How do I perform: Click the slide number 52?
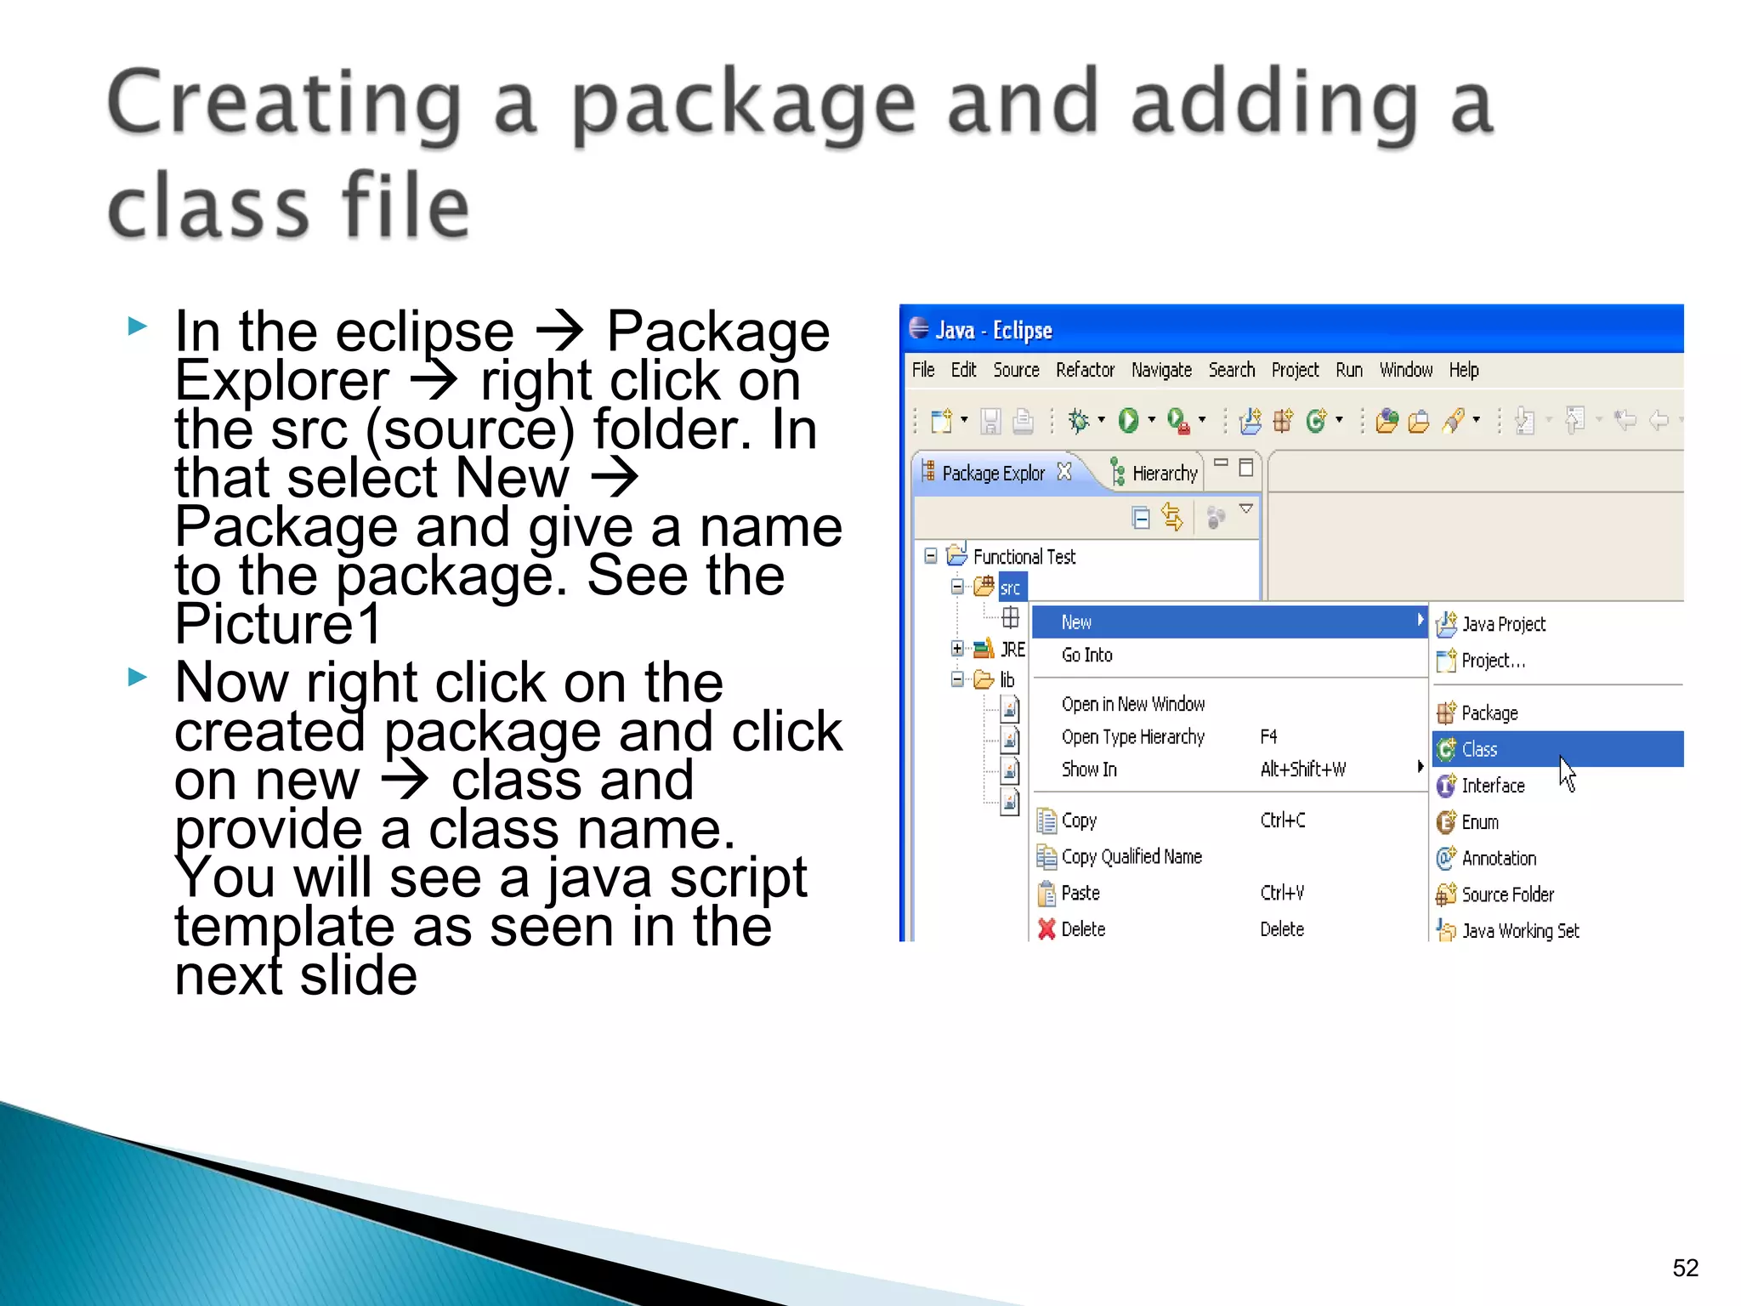click(x=1685, y=1268)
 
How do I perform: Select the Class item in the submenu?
click(x=1479, y=749)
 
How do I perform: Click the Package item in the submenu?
click(x=1489, y=713)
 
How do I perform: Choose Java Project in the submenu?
click(x=1503, y=624)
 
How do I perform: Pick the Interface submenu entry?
click(x=1493, y=786)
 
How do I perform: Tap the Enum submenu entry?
click(x=1480, y=822)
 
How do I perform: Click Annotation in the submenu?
click(x=1499, y=858)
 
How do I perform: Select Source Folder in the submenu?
click(x=1507, y=894)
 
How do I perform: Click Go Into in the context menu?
click(x=1086, y=655)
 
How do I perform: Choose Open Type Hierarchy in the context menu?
click(x=1132, y=736)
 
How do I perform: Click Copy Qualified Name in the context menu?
click(x=1131, y=856)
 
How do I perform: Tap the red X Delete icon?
click(x=1046, y=929)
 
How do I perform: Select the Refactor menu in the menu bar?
click(x=1085, y=370)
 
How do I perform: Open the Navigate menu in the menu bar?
click(x=1161, y=370)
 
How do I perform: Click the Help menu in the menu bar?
click(x=1464, y=370)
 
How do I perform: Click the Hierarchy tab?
click(x=1164, y=473)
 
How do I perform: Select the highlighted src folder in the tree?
click(x=1010, y=588)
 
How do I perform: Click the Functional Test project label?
click(x=1024, y=557)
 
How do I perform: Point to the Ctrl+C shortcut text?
click(x=1283, y=821)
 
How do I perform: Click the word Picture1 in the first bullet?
click(x=279, y=624)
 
